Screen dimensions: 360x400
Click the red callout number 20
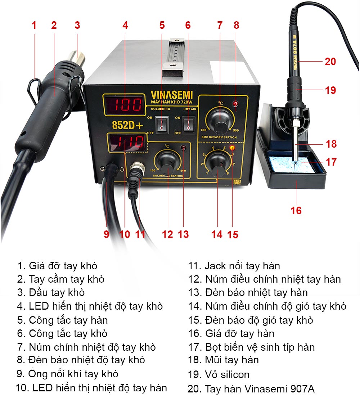coord(330,62)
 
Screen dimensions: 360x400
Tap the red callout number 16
coord(296,211)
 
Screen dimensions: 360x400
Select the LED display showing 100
coord(124,105)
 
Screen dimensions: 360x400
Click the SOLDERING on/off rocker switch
coord(162,124)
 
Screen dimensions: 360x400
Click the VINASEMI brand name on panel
coord(171,95)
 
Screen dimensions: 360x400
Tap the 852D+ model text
coord(127,125)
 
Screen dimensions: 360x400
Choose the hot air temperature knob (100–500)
coord(220,120)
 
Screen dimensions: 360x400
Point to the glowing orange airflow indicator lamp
coord(232,148)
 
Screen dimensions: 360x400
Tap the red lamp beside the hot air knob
coord(235,104)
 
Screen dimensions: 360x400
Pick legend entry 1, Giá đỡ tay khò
coord(57,266)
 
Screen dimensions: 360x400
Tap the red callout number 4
coord(125,25)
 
